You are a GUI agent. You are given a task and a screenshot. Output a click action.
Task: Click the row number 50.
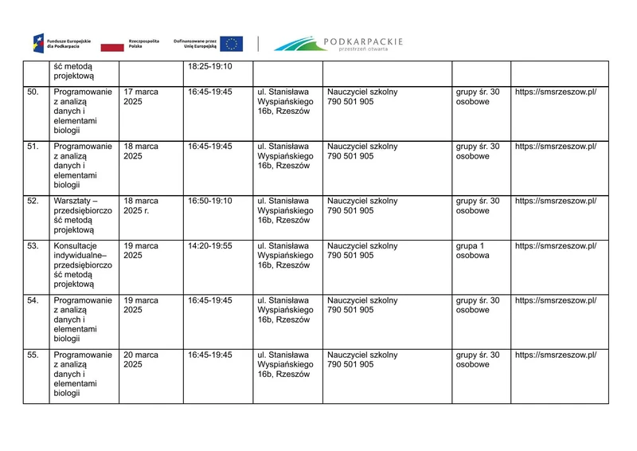[x=33, y=92]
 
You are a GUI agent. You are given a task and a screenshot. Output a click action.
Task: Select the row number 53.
[x=33, y=246]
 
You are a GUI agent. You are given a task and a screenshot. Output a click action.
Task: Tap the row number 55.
[x=33, y=355]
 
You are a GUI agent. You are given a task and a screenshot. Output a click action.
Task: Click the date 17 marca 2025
[x=141, y=97]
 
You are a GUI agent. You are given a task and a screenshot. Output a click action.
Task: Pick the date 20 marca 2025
[x=141, y=360]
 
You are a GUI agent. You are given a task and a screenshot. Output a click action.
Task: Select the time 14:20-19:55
[x=210, y=246]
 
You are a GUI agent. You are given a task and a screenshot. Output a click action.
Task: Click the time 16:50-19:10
[x=210, y=201]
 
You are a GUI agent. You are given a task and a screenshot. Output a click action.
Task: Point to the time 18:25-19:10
[x=210, y=66]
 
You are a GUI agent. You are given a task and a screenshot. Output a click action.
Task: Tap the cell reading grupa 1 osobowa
[x=473, y=251]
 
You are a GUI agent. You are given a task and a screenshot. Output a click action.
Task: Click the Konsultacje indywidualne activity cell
[x=83, y=265]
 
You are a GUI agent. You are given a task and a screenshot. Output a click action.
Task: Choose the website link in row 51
[x=555, y=147]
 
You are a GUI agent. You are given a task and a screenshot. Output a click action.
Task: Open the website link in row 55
[x=555, y=355]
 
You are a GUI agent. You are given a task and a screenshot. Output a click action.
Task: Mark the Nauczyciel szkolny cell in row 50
[x=362, y=97]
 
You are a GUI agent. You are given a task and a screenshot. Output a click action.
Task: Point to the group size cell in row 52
[x=478, y=206]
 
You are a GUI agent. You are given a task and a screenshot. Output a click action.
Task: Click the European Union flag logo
[x=233, y=44]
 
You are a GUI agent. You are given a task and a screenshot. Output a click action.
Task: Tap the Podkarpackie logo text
[x=363, y=41]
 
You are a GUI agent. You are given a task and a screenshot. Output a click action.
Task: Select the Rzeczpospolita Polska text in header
[x=144, y=44]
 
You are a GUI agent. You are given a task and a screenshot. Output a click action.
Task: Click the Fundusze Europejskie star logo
[x=39, y=43]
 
